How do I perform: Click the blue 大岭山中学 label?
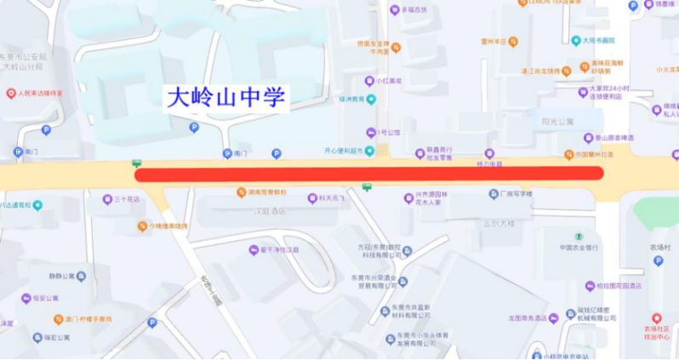pos(226,96)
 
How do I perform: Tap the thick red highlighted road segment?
pos(369,174)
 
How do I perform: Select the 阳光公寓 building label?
pos(558,122)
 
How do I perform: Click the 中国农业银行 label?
pos(581,247)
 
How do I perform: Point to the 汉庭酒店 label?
pos(271,210)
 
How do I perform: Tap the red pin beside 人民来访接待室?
pos(10,94)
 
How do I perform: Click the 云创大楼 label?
pos(499,223)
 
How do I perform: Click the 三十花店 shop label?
pos(127,200)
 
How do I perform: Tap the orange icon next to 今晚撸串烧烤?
pos(142,226)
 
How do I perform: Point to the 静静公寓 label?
pos(60,276)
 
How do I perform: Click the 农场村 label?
pos(661,248)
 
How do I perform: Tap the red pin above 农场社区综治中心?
pos(656,317)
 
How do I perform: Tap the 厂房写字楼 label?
pos(516,194)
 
